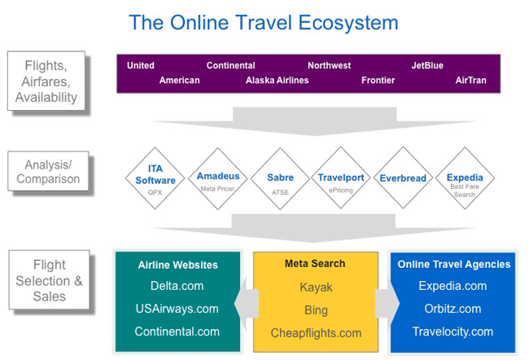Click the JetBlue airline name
pyautogui.click(x=427, y=65)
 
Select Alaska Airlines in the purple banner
pyautogui.click(x=277, y=81)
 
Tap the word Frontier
pyautogui.click(x=378, y=81)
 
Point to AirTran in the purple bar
pyautogui.click(x=470, y=81)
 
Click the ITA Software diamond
pyautogui.click(x=155, y=178)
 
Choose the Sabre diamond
pyautogui.click(x=280, y=178)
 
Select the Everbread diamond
pyautogui.click(x=403, y=178)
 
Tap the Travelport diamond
pyautogui.click(x=341, y=178)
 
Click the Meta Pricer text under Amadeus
pyautogui.click(x=217, y=189)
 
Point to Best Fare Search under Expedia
pyautogui.click(x=465, y=191)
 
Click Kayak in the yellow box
pyautogui.click(x=316, y=288)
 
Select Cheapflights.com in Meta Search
pyautogui.click(x=316, y=333)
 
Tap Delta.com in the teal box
pyautogui.click(x=177, y=286)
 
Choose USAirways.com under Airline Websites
pyautogui.click(x=177, y=309)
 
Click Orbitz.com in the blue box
pyautogui.click(x=452, y=309)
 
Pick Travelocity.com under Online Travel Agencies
pyautogui.click(x=452, y=331)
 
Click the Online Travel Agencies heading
pyautogui.click(x=454, y=264)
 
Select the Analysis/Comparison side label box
pyautogui.click(x=48, y=171)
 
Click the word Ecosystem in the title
pyautogui.click(x=348, y=23)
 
